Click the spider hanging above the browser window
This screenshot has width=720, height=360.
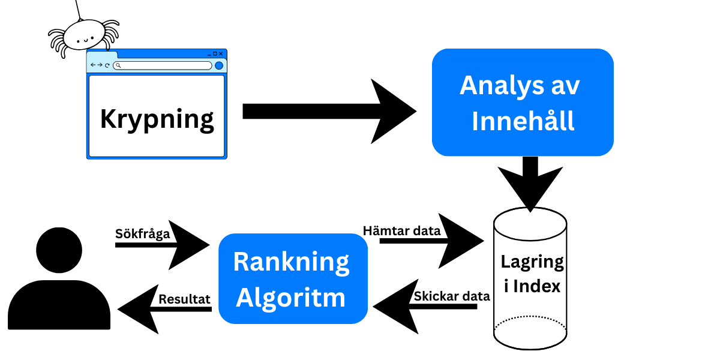click(84, 36)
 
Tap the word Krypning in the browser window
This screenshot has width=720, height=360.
click(157, 120)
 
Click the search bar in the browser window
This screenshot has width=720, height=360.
click(163, 65)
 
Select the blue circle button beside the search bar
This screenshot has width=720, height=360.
click(219, 65)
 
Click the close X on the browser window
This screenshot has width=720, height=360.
click(221, 53)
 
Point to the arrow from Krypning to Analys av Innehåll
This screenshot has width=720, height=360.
click(329, 111)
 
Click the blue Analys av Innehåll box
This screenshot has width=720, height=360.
click(523, 102)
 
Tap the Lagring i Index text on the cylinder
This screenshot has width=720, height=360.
click(532, 274)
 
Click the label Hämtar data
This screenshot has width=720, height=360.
click(401, 231)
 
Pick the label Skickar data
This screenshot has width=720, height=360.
click(452, 296)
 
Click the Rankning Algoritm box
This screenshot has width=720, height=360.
click(293, 278)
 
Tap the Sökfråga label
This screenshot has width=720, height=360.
click(142, 234)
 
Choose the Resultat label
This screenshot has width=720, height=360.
click(184, 299)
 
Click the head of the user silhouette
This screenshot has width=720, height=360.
click(59, 250)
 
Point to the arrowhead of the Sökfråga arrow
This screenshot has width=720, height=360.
click(189, 245)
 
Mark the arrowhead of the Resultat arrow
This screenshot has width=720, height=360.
click(138, 309)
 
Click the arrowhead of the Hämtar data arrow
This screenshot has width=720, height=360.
click(461, 241)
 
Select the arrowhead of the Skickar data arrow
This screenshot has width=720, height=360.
click(395, 307)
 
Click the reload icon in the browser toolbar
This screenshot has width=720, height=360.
click(107, 65)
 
